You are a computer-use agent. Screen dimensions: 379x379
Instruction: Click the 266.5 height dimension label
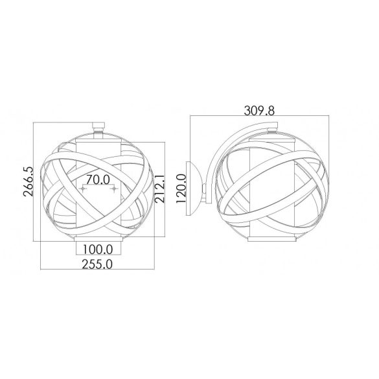[28, 181]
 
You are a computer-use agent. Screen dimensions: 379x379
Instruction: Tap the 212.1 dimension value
[160, 189]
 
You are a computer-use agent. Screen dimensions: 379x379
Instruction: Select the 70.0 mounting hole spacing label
[98, 179]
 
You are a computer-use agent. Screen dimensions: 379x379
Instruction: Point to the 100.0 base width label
[98, 249]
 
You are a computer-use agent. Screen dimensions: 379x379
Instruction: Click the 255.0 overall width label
[97, 264]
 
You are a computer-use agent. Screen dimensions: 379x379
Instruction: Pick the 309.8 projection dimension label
[259, 111]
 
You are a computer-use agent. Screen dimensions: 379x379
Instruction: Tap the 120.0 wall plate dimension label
[181, 189]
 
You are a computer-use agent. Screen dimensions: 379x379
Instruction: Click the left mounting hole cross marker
[83, 189]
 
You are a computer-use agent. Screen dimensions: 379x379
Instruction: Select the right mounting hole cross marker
[113, 189]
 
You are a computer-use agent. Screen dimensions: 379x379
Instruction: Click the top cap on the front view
[98, 126]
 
